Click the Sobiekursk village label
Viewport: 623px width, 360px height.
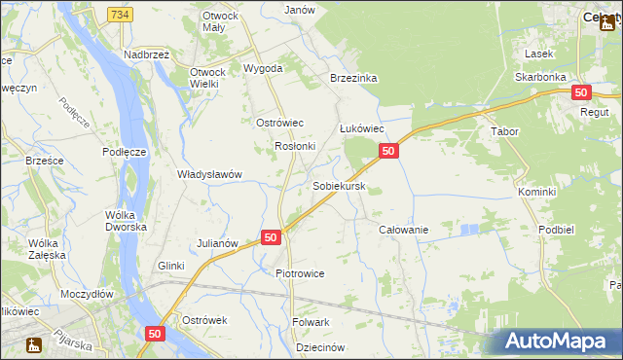tap(339, 185)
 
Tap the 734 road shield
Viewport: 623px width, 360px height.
tap(121, 15)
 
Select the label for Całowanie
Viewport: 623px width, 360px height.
tap(403, 230)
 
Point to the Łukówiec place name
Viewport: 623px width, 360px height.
tap(361, 128)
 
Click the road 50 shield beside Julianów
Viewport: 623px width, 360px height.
tap(272, 237)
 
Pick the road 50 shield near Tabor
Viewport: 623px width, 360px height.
tap(581, 92)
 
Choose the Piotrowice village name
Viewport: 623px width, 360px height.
tap(299, 273)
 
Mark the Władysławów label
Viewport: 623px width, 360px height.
tap(208, 174)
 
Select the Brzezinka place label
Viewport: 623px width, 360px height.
tap(353, 78)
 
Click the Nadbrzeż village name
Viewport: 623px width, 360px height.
tap(146, 54)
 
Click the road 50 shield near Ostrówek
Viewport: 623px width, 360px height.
tap(156, 334)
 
